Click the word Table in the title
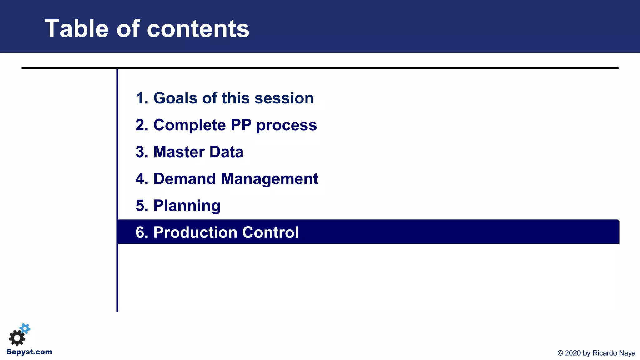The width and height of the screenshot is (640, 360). (x=76, y=29)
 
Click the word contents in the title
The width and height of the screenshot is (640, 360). (x=198, y=29)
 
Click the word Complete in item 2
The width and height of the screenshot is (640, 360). (x=189, y=125)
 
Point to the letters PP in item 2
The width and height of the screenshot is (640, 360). (x=241, y=125)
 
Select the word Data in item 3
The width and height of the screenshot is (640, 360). (x=226, y=152)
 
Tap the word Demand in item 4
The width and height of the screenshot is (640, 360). (x=185, y=179)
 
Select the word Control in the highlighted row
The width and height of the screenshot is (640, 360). (x=270, y=232)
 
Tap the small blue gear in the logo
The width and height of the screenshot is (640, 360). (x=25, y=328)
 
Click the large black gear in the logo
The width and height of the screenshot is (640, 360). (x=17, y=338)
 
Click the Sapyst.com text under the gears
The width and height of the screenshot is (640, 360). (x=29, y=352)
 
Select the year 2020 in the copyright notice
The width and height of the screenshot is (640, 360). (x=573, y=353)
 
